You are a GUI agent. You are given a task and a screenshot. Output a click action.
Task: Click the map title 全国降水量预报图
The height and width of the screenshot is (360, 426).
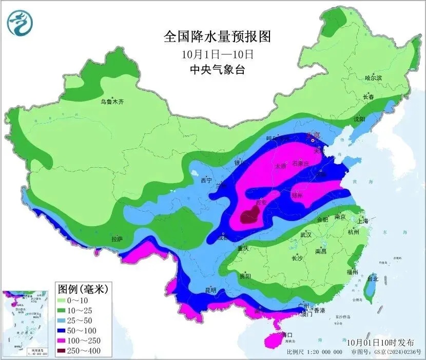[217, 37]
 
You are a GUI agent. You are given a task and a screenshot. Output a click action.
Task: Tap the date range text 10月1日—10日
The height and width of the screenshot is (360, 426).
[217, 53]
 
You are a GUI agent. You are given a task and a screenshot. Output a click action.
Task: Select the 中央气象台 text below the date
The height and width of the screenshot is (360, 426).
[217, 69]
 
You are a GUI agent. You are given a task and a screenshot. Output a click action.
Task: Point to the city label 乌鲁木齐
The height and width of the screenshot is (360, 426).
[112, 102]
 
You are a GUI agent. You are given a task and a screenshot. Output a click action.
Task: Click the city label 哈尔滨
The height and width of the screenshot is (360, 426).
[373, 78]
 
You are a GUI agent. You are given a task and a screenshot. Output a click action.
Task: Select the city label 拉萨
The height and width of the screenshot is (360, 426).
[117, 238]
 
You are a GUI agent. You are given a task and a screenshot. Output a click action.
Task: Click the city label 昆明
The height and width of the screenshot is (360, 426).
[211, 290]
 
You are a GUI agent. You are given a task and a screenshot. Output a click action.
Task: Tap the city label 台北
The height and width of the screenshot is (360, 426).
[372, 279]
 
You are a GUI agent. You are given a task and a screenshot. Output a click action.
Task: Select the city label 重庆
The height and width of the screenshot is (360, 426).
[243, 249]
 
